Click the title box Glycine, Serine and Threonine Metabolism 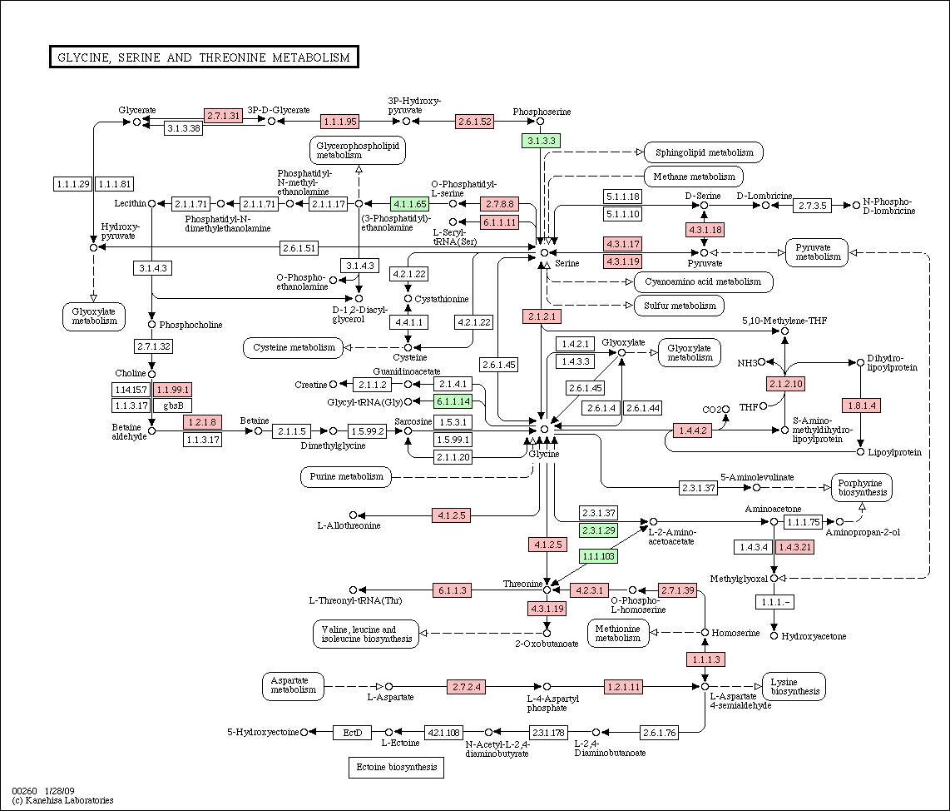pos(203,57)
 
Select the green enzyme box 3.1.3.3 pos(540,141)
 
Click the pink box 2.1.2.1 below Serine pos(542,316)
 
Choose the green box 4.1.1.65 pos(409,204)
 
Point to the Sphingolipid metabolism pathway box pos(704,152)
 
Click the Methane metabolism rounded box pos(694,177)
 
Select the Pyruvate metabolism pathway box pos(816,252)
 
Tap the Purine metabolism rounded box pos(346,476)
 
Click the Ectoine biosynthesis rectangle pos(396,767)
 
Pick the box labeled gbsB pos(172,405)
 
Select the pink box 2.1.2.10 pos(785,384)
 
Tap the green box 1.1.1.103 pos(598,556)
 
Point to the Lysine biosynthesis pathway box pos(794,685)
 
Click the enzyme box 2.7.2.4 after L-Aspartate pos(466,687)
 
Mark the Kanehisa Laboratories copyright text pos(63,800)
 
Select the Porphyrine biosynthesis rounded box pos(861,487)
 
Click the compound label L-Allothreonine pos(349,525)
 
